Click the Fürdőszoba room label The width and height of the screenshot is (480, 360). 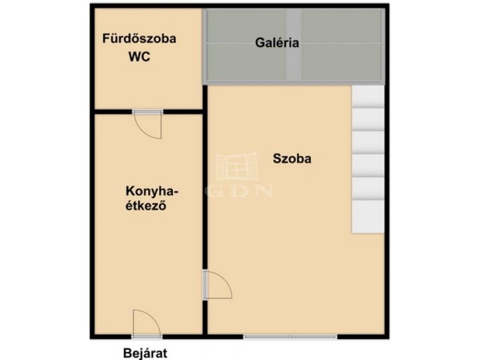pyautogui.click(x=139, y=38)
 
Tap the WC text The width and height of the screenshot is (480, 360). pyautogui.click(x=139, y=57)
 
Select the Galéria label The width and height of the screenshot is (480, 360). pyautogui.click(x=277, y=43)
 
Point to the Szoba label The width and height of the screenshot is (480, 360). pyautogui.click(x=292, y=158)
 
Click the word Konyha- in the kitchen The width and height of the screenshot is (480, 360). pyautogui.click(x=152, y=191)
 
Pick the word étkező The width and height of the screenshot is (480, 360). pyautogui.click(x=146, y=205)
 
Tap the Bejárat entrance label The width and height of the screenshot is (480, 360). pyautogui.click(x=145, y=353)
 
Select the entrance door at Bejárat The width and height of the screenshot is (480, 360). pyautogui.click(x=147, y=323)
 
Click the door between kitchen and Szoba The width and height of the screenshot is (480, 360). pyautogui.click(x=218, y=284)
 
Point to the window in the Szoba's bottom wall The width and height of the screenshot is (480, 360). pyautogui.click(x=290, y=337)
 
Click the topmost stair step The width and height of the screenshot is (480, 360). pyautogui.click(x=368, y=97)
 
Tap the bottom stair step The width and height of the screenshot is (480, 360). pyautogui.click(x=368, y=217)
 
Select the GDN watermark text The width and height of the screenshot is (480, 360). pyautogui.click(x=239, y=191)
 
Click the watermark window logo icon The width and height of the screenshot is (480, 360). pyautogui.click(x=236, y=166)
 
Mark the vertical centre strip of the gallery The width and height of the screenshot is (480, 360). pyautogui.click(x=294, y=46)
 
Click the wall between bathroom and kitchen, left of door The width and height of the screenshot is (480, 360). pyautogui.click(x=113, y=112)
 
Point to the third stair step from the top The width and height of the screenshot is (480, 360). pyautogui.click(x=368, y=143)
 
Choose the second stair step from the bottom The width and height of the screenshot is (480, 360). pyautogui.click(x=368, y=188)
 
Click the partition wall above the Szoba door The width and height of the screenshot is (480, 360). pyautogui.click(x=205, y=178)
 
